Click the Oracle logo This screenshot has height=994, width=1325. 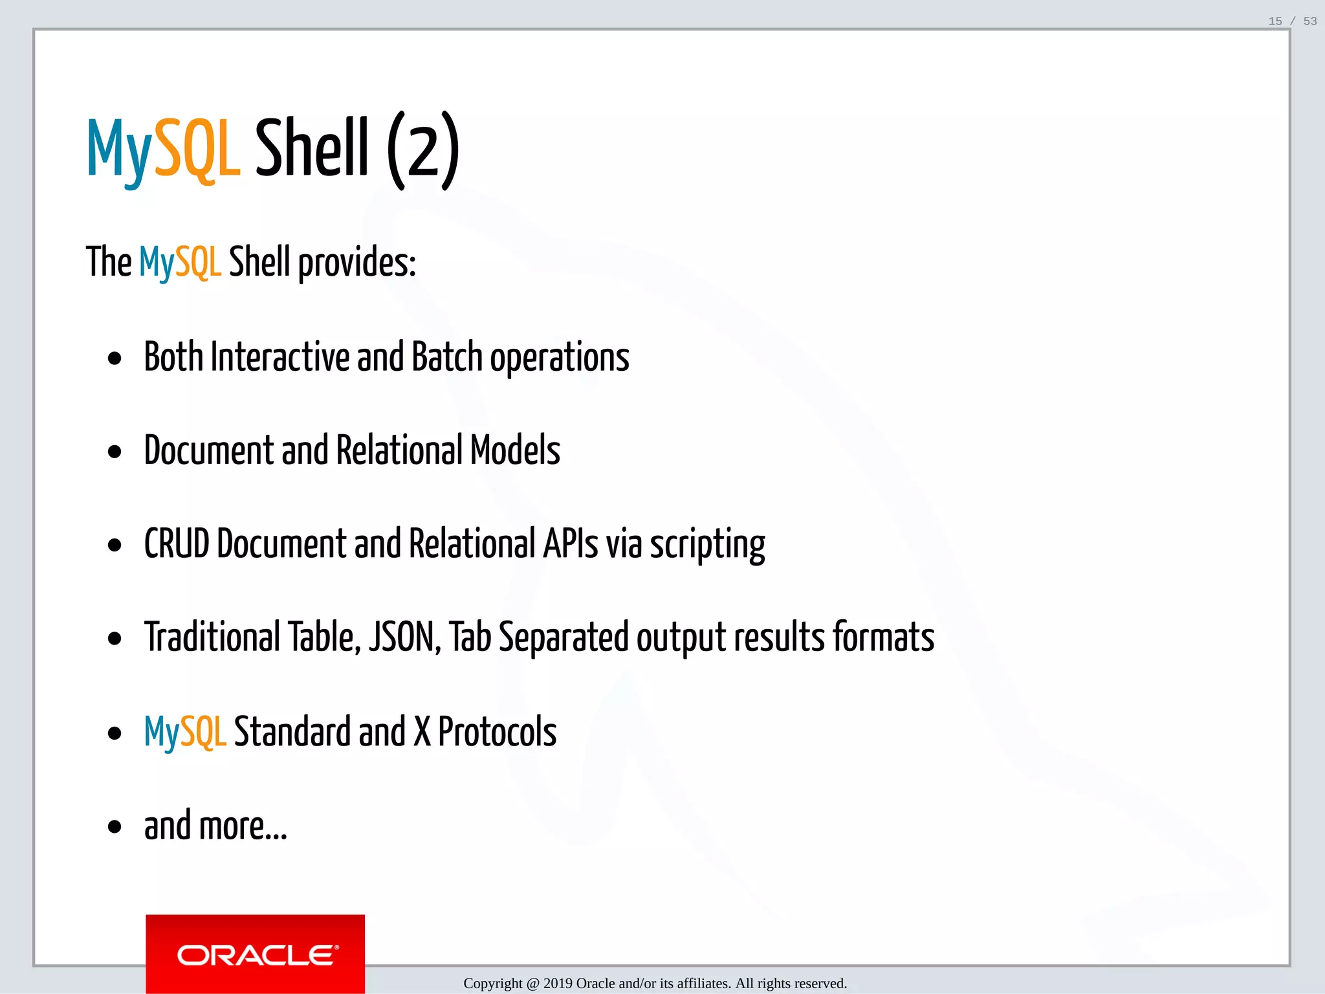click(255, 954)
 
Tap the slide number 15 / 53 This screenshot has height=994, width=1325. click(1292, 21)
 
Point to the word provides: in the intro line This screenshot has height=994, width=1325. click(356, 263)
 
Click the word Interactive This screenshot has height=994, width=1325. click(280, 357)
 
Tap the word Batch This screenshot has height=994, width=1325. click(447, 357)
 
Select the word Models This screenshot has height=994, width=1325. click(515, 450)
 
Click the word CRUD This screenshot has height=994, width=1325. click(177, 544)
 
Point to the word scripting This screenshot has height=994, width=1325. click(707, 545)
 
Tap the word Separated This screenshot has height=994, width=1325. click(564, 637)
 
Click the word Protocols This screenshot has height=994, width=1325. click(497, 731)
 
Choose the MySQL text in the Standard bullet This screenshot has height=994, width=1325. click(185, 732)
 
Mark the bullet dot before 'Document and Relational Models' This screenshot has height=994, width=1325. click(115, 452)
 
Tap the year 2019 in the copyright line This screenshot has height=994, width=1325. click(558, 984)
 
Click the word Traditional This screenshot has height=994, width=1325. click(212, 637)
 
